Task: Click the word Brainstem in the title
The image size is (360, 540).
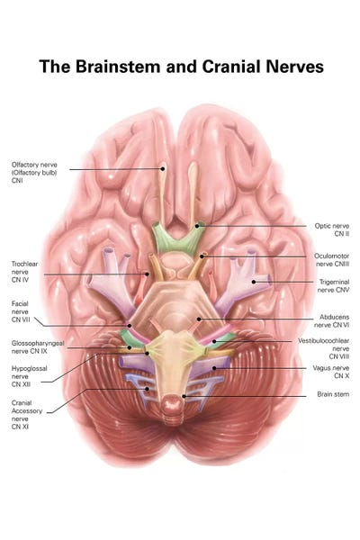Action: (118, 67)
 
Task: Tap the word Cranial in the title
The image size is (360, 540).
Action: (230, 67)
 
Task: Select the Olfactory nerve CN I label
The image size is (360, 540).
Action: (34, 172)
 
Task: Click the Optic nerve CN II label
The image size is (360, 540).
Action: (332, 229)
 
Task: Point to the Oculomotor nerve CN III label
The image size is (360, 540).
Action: (331, 260)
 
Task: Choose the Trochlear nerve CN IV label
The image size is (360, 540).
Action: (24, 272)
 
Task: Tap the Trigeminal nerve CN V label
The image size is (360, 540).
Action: (334, 286)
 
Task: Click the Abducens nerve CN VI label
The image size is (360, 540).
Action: (331, 320)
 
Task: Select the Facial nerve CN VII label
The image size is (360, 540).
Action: (21, 311)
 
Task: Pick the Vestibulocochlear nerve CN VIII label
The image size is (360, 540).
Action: (323, 348)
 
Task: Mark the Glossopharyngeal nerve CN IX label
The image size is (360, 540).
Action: (38, 347)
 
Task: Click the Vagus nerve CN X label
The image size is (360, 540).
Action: (330, 372)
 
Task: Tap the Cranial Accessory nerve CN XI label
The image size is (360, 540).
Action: (27, 414)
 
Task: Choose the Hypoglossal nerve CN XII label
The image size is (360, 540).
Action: (29, 376)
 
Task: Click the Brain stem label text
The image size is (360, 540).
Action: (333, 394)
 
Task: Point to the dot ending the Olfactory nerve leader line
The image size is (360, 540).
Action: (162, 168)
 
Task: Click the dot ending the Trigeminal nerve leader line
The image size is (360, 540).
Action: (254, 282)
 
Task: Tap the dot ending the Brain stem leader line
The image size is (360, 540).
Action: (184, 396)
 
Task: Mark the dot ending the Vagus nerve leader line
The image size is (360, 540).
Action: (214, 368)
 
